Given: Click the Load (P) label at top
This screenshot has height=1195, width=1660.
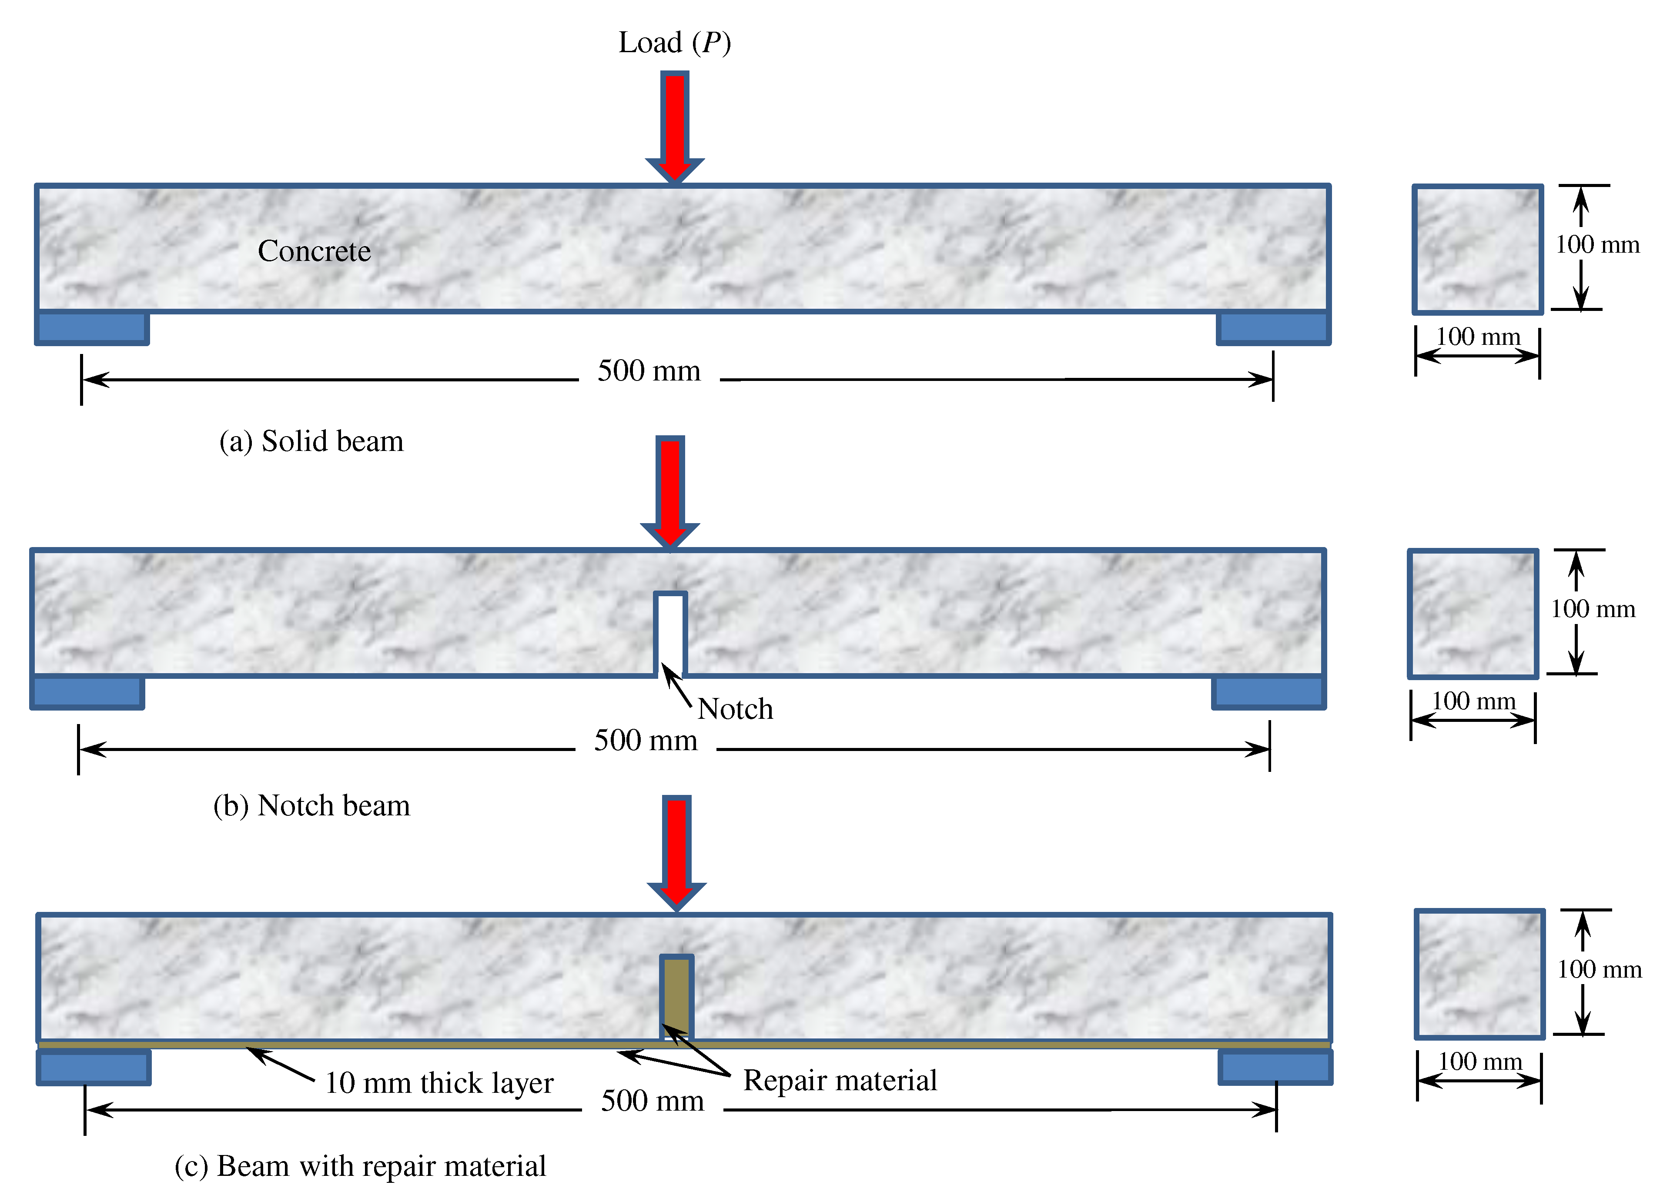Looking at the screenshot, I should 674,43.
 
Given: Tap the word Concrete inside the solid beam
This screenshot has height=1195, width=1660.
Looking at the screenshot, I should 314,251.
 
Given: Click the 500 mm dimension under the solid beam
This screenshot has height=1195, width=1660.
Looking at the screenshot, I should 649,371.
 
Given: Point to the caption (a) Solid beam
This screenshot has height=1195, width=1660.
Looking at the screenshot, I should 311,441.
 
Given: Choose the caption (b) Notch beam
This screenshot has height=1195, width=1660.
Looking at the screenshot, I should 311,806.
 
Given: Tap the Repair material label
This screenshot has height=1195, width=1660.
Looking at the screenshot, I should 840,1081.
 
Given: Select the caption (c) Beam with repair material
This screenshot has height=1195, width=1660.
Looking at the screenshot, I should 360,1166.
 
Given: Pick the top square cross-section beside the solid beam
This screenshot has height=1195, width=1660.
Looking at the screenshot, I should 1477,250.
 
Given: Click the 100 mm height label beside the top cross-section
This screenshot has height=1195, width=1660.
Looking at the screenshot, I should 1597,244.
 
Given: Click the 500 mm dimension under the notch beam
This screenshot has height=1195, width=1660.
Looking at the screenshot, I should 645,741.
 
